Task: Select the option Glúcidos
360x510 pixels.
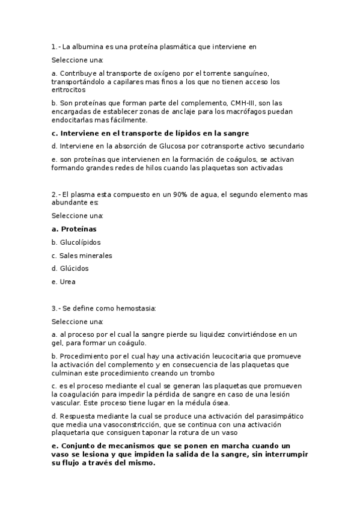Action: click(x=74, y=269)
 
